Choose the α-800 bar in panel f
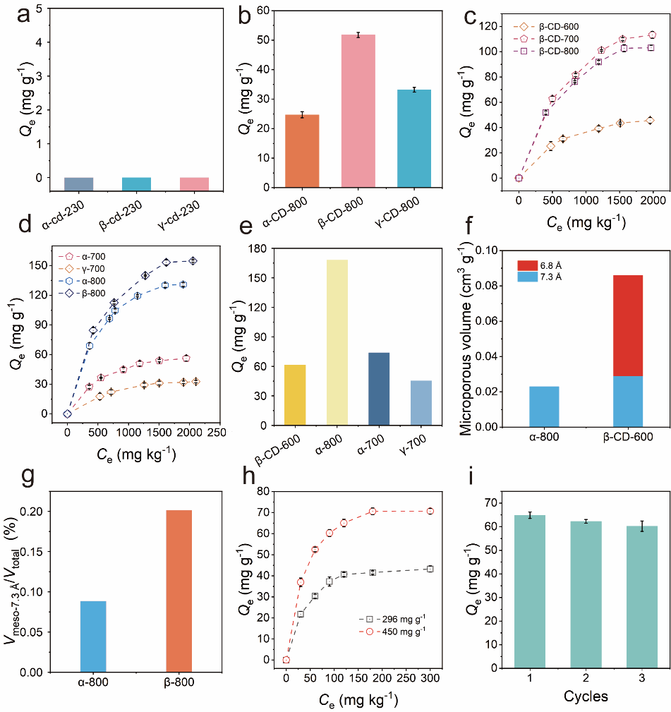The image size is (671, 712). [539, 406]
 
